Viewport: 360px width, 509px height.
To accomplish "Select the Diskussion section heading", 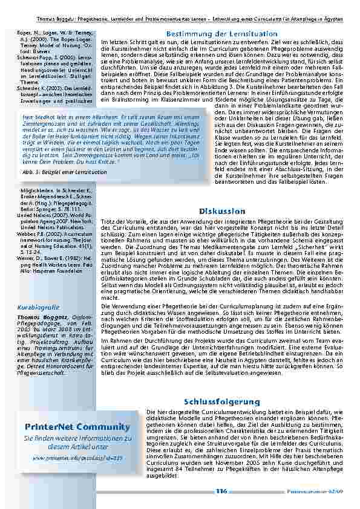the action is coord(221,211).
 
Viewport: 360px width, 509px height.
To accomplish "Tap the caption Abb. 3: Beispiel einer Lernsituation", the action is coord(56,171).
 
